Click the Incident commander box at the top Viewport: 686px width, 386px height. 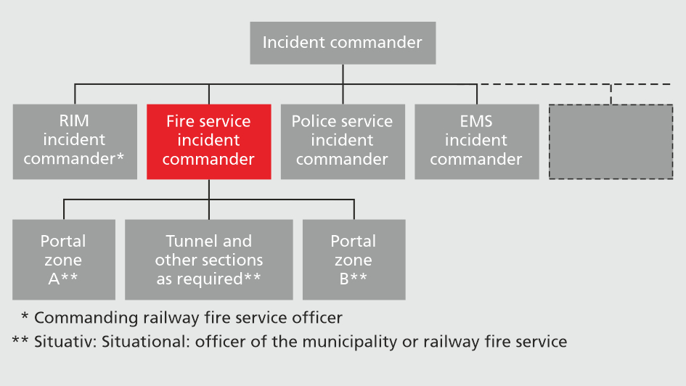[x=343, y=43]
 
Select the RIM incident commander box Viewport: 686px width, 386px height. [x=75, y=141]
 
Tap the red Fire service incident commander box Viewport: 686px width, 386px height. [x=209, y=141]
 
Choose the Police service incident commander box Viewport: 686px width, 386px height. [x=343, y=141]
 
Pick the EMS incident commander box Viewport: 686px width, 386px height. [x=477, y=141]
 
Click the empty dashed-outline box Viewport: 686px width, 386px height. [x=611, y=141]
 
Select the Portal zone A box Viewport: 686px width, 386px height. [x=64, y=260]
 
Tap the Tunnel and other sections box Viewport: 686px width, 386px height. [x=209, y=260]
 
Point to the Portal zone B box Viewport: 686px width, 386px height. [x=354, y=260]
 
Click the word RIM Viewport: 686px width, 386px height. [x=74, y=121]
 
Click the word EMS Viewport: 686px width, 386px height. [x=476, y=121]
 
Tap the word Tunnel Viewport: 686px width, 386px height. [x=189, y=241]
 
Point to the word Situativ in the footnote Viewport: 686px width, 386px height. [x=60, y=341]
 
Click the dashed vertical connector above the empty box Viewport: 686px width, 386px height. [x=611, y=94]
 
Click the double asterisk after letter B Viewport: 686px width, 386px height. [x=359, y=279]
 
